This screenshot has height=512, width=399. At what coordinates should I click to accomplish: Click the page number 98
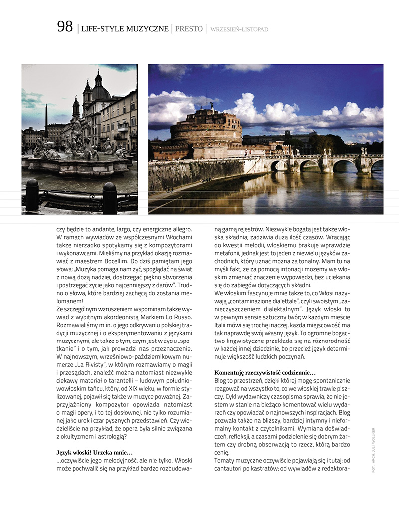coord(65,27)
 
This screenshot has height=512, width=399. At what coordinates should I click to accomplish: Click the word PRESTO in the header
coord(188,29)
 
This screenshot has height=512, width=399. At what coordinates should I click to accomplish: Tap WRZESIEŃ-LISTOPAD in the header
coord(239,29)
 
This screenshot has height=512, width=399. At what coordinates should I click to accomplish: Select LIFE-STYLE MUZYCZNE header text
coord(124,29)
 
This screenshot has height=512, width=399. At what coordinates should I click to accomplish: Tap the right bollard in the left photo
coord(109,197)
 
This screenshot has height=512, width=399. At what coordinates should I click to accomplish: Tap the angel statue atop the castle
coord(211,105)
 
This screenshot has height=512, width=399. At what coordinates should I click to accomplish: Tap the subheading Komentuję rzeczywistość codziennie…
coord(265,372)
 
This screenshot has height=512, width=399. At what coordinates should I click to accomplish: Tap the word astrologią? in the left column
coord(110,436)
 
